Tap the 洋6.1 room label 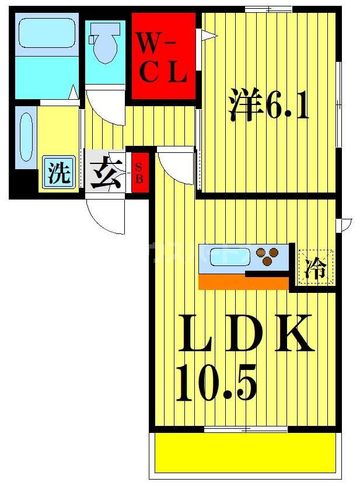[268, 105]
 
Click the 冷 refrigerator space [316, 268]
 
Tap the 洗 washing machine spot [58, 173]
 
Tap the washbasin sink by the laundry [26, 137]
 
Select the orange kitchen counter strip [244, 282]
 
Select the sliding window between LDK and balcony [245, 430]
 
